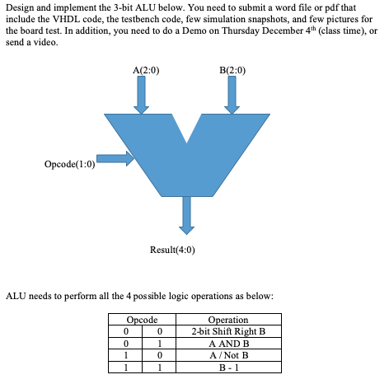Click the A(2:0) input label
click(x=145, y=70)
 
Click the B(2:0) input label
click(x=233, y=70)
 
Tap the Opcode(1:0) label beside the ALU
click(x=70, y=164)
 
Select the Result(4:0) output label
click(x=173, y=249)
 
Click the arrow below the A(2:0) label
click(x=142, y=96)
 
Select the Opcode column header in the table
click(x=142, y=320)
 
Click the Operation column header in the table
click(x=228, y=320)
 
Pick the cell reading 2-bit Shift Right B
click(x=228, y=331)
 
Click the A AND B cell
click(x=228, y=343)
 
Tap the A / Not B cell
click(x=228, y=354)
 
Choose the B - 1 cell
click(x=228, y=366)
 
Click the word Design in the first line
click(x=21, y=8)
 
